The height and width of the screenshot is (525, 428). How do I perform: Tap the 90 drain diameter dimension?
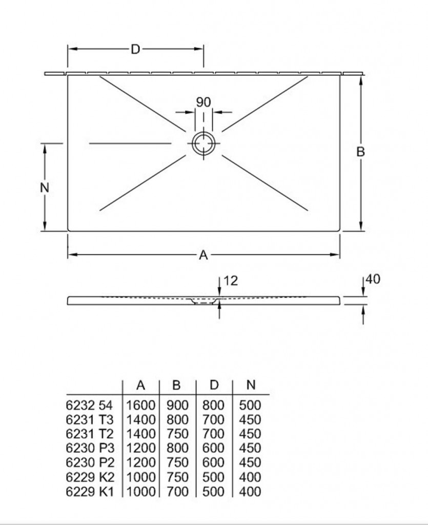point(203,102)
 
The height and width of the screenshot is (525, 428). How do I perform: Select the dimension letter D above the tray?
point(135,50)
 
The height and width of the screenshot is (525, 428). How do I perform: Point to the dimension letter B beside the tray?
point(360,152)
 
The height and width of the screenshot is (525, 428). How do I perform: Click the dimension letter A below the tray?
point(203,255)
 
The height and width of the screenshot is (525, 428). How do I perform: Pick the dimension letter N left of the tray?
point(45,188)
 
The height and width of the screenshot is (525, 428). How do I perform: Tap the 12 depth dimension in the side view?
point(231,280)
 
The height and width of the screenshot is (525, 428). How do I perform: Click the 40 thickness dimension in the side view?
point(373,279)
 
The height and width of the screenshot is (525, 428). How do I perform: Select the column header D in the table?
point(214,385)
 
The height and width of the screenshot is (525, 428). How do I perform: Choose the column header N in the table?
point(251,385)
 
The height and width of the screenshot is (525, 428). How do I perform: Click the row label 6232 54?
point(89,406)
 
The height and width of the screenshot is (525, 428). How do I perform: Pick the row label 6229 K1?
point(90,492)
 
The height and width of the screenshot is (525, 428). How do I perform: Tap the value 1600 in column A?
point(141,406)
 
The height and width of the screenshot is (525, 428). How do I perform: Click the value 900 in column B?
point(178,406)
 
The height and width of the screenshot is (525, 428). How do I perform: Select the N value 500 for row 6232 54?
point(250,406)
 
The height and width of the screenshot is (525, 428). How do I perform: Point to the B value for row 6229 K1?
point(178,492)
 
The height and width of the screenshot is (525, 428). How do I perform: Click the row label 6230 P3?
point(90,448)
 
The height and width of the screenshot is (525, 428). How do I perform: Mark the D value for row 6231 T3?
point(213,419)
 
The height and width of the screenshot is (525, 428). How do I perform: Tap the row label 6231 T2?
point(90,434)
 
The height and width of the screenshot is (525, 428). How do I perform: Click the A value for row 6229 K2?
point(141,477)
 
